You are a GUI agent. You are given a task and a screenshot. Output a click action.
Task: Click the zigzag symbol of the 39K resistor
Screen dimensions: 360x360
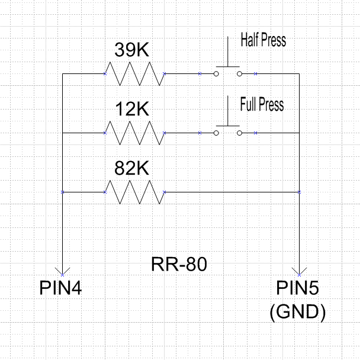(134, 73)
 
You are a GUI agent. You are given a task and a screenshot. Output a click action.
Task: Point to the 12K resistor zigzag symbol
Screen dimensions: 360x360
(134, 133)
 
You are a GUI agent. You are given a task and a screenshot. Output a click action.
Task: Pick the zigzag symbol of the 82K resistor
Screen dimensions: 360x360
(134, 192)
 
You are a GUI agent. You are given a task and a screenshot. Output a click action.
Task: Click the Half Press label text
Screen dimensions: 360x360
(263, 41)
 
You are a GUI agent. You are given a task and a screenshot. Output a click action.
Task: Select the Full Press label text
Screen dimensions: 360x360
(262, 105)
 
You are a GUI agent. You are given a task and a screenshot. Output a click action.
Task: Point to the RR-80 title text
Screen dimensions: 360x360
(179, 264)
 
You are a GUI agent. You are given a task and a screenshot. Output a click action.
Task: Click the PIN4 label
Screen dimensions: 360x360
(61, 288)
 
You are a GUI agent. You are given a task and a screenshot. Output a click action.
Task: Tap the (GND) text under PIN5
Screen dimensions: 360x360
(297, 312)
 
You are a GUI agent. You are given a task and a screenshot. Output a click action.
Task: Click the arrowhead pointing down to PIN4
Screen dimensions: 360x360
(62, 270)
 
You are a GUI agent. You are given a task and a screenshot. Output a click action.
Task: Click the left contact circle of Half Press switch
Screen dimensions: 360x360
(216, 73)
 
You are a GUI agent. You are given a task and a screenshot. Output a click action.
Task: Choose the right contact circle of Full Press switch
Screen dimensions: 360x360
(239, 133)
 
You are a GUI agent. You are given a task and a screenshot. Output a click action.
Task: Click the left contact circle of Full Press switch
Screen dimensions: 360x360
(216, 133)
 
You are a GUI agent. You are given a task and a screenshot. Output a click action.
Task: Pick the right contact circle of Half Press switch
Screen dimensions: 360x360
(239, 73)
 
